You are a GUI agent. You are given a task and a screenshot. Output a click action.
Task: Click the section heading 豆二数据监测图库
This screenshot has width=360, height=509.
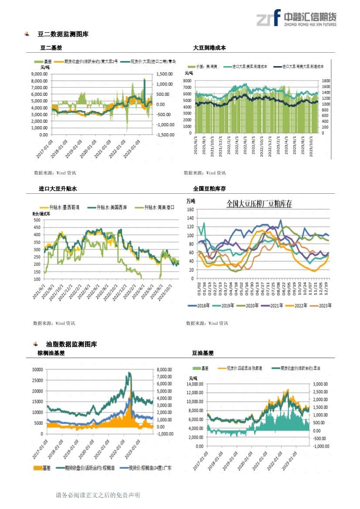[63, 34]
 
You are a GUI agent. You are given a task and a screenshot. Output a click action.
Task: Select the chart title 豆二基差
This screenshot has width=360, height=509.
[51, 48]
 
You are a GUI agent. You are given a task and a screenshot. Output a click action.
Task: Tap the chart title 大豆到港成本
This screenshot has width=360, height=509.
[210, 48]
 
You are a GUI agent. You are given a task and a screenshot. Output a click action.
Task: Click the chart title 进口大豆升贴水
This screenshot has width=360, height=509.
[58, 189]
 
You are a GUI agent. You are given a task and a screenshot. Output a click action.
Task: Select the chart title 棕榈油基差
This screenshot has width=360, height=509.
[51, 353]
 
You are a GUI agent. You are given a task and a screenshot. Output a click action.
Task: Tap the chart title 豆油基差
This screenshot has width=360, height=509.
[203, 353]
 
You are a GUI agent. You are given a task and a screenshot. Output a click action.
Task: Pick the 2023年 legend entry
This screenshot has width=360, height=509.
[323, 306]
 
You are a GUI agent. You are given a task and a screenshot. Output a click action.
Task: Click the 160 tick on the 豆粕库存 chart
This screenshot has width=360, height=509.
[190, 210]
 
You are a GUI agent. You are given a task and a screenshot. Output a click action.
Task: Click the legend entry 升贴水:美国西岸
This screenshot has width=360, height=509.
[109, 208]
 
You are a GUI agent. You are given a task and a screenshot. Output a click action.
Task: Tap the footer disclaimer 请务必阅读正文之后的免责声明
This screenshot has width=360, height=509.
[98, 495]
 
